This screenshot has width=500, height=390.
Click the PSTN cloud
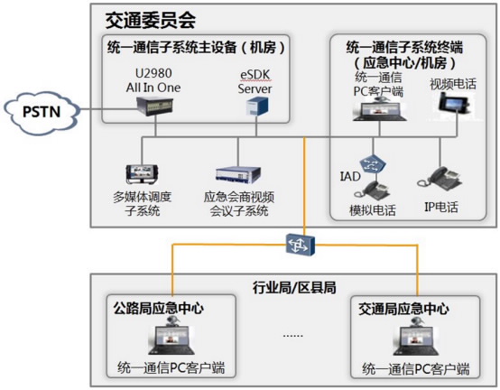42,112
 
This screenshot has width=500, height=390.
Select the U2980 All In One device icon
154,106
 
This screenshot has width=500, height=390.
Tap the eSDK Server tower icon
257,107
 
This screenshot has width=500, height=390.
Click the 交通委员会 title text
150,21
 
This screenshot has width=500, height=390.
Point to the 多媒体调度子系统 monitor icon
142,174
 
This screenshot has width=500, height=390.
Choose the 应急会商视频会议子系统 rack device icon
238,175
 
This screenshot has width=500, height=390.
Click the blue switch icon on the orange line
300,245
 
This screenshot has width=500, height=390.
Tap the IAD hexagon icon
373,164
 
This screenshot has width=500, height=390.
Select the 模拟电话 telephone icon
372,190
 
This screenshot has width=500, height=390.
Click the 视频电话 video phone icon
454,103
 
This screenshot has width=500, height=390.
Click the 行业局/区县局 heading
294,287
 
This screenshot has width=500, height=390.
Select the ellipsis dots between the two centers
292,336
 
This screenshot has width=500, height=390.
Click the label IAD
350,176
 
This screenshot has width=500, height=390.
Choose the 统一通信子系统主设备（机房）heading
196,48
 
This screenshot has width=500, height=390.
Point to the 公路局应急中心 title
158,308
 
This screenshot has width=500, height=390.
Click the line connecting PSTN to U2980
108,110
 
